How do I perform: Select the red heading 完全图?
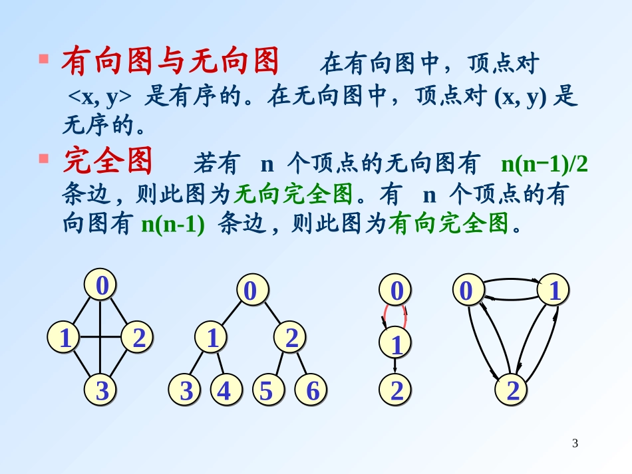tap(108, 162)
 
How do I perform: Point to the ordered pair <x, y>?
tap(100, 96)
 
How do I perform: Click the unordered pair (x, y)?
tap(520, 96)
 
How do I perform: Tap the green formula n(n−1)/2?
tap(544, 163)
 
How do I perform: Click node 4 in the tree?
tap(225, 391)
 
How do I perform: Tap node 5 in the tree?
tap(266, 391)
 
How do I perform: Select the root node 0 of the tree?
tap(251, 291)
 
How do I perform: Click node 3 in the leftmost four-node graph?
tap(102, 391)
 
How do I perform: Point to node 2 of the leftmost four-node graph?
tap(138, 338)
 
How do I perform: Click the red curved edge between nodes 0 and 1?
tap(406, 317)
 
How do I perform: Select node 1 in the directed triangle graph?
tap(555, 291)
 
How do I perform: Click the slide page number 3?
tap(575, 443)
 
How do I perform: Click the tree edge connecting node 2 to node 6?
tap(301, 364)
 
